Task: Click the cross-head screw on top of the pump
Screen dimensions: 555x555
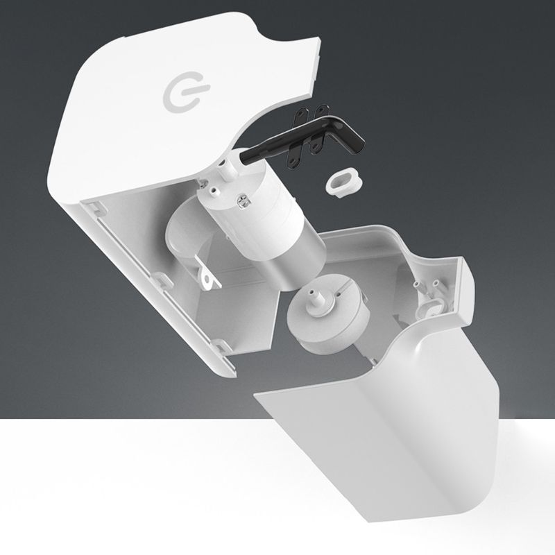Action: [244, 202]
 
